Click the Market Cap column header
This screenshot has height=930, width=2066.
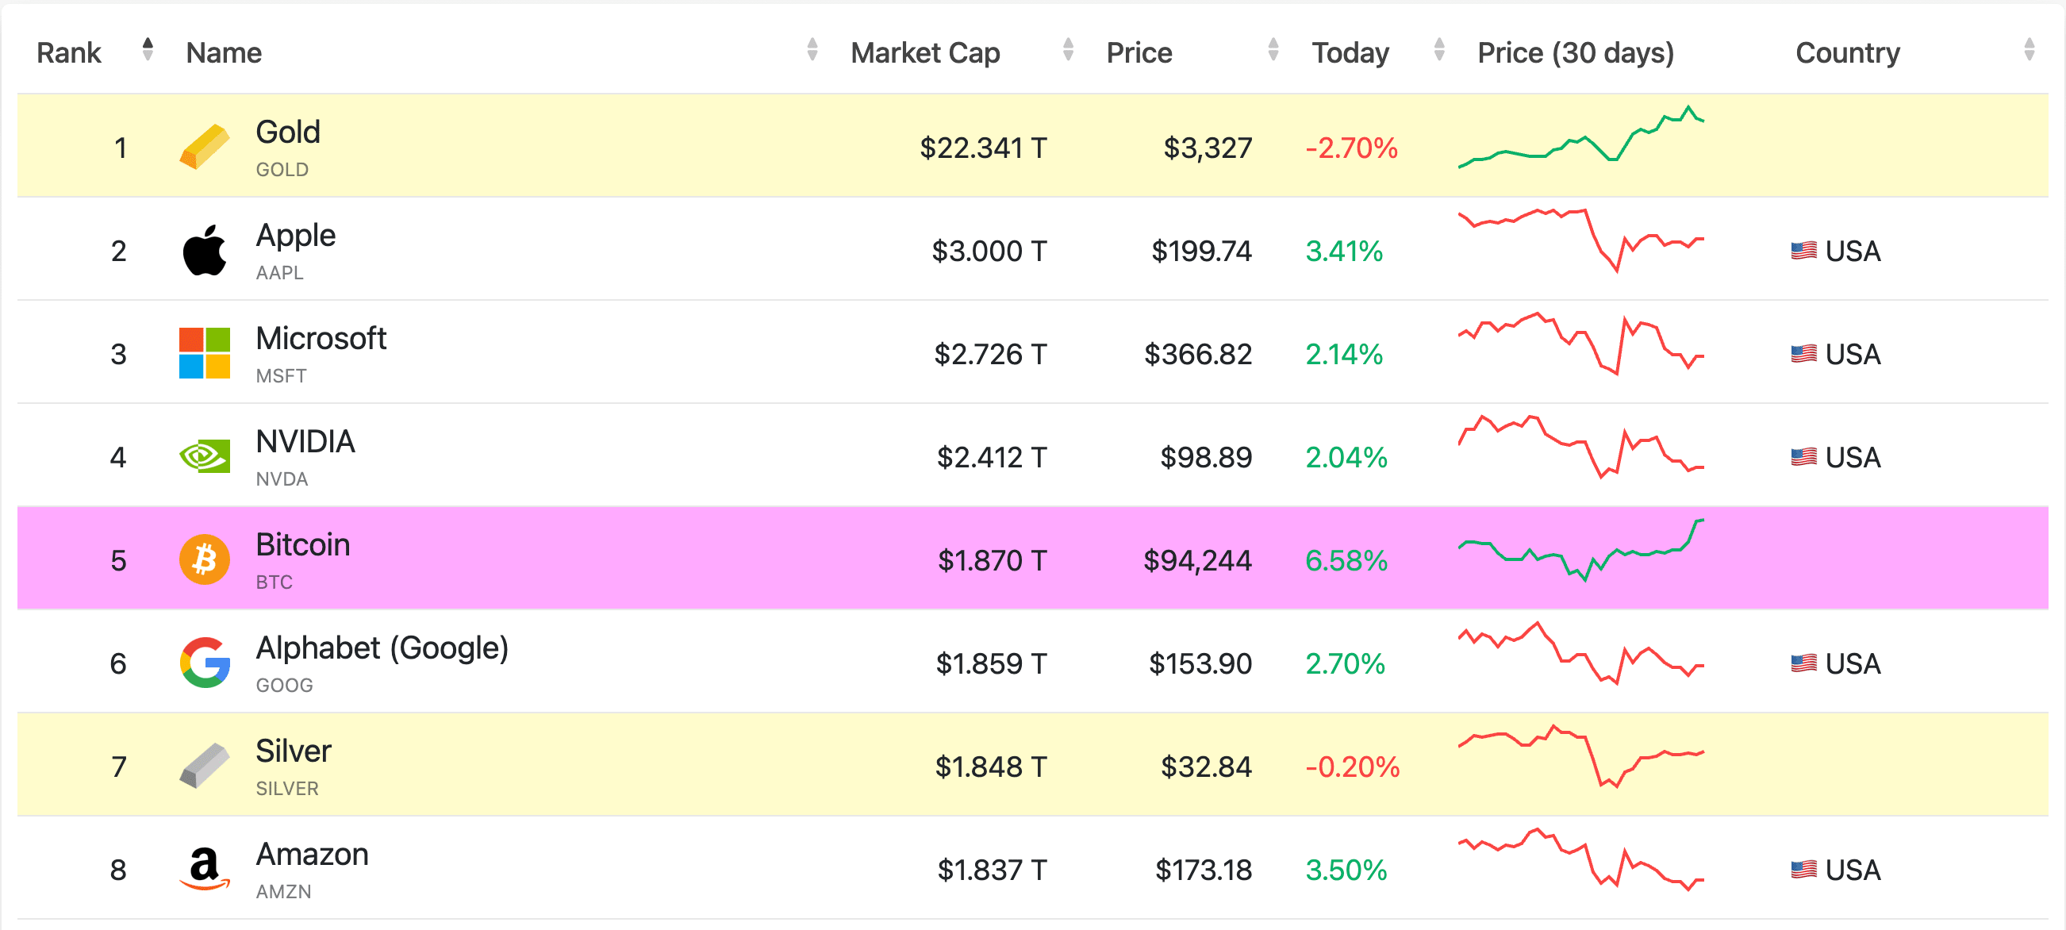925,53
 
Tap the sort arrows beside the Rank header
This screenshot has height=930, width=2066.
148,49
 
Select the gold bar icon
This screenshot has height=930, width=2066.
205,147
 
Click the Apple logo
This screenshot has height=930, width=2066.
205,250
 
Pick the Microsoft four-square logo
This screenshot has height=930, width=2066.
205,353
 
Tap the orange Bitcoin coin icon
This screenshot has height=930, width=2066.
205,559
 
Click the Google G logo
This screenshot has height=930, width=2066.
205,663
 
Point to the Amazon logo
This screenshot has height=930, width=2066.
205,869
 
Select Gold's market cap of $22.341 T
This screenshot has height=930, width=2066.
982,148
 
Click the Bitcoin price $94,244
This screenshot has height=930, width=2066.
1196,560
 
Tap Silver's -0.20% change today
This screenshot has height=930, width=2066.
1352,767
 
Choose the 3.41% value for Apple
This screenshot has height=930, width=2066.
1344,252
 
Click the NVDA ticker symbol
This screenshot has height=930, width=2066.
282,479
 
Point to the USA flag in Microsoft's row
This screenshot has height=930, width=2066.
1803,354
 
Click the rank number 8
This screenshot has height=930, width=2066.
119,870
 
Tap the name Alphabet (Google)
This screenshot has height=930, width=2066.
382,648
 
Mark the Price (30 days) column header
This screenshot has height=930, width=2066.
1575,53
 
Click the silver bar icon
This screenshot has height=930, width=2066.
205,766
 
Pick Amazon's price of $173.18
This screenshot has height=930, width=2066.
1203,870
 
